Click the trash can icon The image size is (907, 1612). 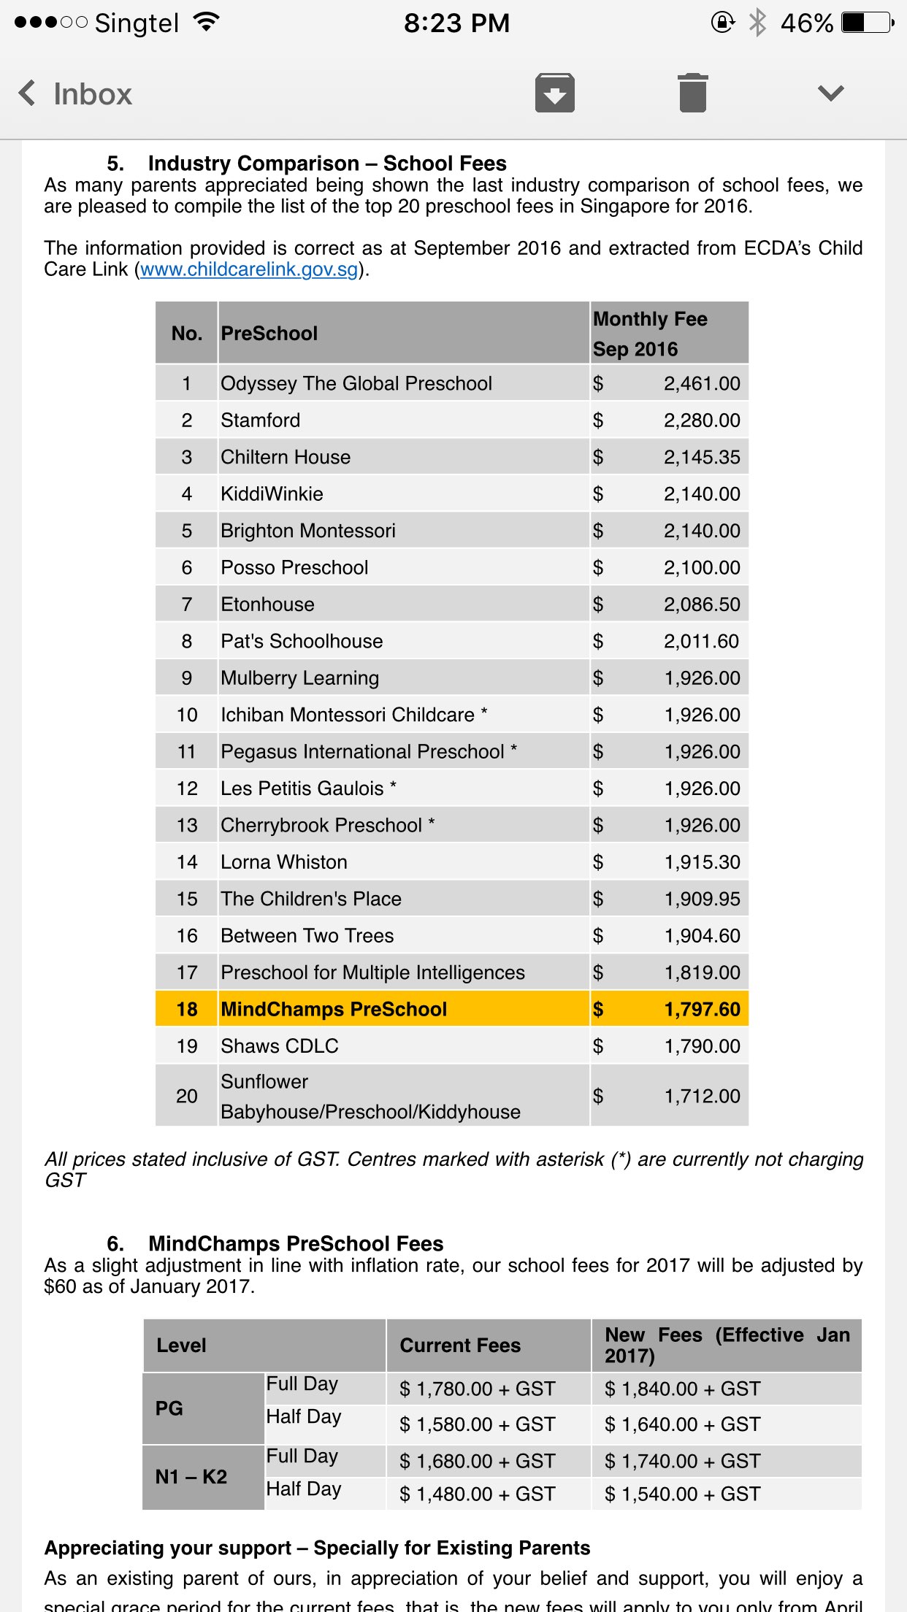(x=692, y=93)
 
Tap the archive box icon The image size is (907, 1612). (x=554, y=93)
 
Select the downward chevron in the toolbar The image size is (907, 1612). (x=830, y=93)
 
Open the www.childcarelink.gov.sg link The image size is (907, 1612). (x=249, y=269)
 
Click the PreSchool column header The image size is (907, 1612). (x=269, y=334)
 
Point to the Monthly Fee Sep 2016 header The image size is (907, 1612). (x=649, y=334)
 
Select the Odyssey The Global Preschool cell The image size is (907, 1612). (x=356, y=384)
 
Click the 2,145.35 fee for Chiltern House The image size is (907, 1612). (x=701, y=458)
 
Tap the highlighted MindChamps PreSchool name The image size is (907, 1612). (x=334, y=1010)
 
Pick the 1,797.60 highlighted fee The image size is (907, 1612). (x=701, y=1010)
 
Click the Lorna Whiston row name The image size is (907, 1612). (x=284, y=862)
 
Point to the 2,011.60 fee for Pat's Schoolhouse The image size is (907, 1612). (x=700, y=642)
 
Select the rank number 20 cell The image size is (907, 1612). (x=187, y=1096)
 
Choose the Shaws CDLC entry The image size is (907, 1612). (x=280, y=1046)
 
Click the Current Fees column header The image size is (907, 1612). (x=460, y=1346)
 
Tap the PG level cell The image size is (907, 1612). (x=169, y=1408)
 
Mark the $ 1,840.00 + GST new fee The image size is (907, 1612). (x=682, y=1389)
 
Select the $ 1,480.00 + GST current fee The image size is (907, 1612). (x=477, y=1494)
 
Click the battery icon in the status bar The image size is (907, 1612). (x=867, y=23)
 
